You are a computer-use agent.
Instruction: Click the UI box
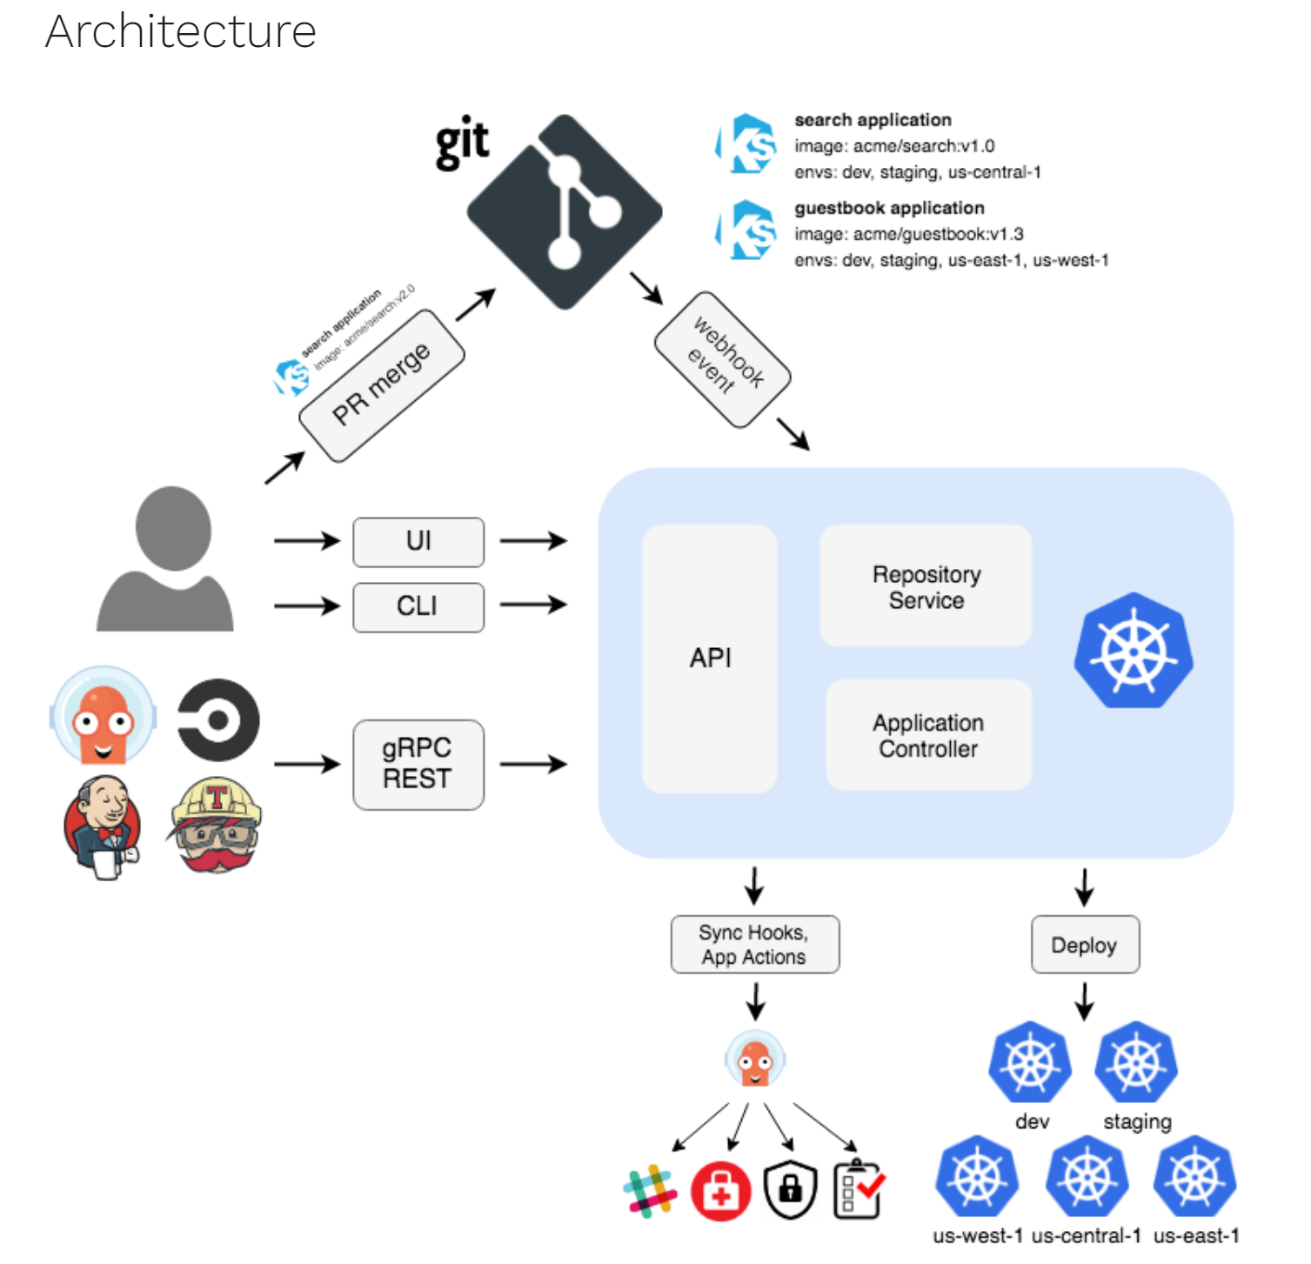418,542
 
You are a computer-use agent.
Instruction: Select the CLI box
418,606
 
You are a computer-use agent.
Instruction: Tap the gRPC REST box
418,764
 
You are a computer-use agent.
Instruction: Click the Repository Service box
926,586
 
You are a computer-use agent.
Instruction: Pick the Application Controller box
928,735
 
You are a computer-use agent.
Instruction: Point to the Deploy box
1085,945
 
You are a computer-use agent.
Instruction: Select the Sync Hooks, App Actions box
754,945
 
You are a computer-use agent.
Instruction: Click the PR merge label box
382,385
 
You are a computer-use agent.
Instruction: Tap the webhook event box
723,359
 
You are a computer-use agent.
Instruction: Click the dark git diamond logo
565,211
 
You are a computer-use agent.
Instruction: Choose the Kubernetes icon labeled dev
1030,1062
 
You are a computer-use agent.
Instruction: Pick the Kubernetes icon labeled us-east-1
1195,1177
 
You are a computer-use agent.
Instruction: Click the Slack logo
650,1190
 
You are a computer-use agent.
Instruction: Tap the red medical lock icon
720,1191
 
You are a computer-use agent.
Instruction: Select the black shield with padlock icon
790,1189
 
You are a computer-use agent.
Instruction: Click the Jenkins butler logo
103,827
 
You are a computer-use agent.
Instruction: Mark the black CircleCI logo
218,720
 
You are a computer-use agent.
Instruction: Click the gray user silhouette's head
173,527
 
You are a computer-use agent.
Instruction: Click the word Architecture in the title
181,32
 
